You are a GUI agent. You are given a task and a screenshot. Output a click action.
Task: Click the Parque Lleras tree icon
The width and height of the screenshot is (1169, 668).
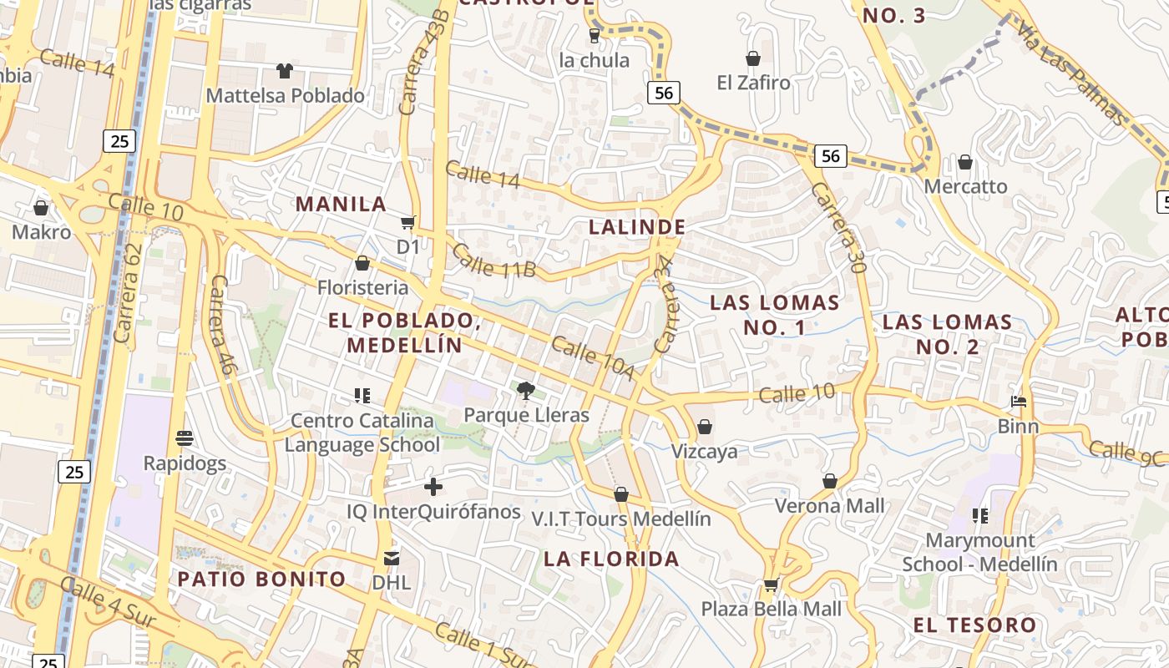click(x=526, y=389)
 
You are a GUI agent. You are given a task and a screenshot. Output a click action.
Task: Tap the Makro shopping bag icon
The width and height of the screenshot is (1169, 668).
click(x=41, y=207)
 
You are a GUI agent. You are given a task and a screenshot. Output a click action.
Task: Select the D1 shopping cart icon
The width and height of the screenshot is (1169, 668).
click(x=407, y=222)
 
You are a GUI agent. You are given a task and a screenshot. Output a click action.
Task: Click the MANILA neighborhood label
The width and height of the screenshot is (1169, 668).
click(x=341, y=204)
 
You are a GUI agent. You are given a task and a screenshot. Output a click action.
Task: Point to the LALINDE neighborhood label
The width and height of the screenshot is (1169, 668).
click(x=637, y=226)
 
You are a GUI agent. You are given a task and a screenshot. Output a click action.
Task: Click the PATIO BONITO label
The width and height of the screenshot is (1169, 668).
click(x=261, y=579)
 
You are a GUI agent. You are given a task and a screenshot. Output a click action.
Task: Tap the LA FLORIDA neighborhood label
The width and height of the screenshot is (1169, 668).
click(x=611, y=559)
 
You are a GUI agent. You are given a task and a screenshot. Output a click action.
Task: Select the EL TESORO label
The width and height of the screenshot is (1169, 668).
click(x=974, y=625)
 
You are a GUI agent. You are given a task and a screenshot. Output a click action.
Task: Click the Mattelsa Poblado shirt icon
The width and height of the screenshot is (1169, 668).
click(x=285, y=71)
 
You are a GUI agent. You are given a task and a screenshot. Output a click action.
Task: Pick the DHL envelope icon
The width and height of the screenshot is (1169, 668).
click(x=392, y=558)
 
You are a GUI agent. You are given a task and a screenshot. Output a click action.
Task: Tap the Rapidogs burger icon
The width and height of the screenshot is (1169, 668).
click(x=185, y=438)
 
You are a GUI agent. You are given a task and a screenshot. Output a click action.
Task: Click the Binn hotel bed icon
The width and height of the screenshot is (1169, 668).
click(x=1019, y=402)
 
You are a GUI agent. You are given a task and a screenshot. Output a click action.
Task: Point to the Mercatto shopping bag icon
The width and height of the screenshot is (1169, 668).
click(x=965, y=162)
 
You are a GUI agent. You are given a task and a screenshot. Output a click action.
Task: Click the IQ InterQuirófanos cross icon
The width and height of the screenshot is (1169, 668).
click(x=433, y=486)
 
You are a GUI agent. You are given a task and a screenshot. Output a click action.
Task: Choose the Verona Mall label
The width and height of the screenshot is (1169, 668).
click(x=829, y=505)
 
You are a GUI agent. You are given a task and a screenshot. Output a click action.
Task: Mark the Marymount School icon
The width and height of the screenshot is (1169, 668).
click(x=980, y=516)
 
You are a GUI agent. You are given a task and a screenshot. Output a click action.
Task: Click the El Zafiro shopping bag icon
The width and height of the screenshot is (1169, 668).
click(x=753, y=58)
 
